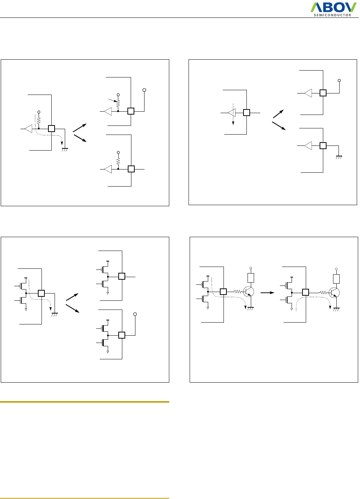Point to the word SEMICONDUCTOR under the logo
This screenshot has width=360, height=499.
pos(333,15)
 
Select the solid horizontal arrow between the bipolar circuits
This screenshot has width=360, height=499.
pos(268,292)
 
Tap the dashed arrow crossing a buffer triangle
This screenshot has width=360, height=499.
pos(233,116)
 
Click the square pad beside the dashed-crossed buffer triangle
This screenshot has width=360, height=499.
pos(246,113)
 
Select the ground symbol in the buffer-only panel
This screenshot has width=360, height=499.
pos(339,157)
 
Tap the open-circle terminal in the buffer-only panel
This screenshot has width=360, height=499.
pos(339,80)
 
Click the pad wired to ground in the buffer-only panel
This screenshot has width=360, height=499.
pos(323,146)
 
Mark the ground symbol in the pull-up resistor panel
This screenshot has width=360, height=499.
pos(65,149)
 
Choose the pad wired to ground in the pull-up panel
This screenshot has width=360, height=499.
pos(52,129)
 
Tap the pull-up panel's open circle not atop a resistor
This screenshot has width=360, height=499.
pos(144,90)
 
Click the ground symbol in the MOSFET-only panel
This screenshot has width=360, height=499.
pos(55,315)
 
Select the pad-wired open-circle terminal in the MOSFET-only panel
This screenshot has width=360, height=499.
pos(135,314)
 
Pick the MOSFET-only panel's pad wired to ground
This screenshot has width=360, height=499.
pos(41,293)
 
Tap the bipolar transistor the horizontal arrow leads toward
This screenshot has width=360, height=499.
pos(334,292)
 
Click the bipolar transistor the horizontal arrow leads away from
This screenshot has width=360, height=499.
pos(249,292)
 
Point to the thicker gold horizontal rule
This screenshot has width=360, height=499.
pos(85,402)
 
